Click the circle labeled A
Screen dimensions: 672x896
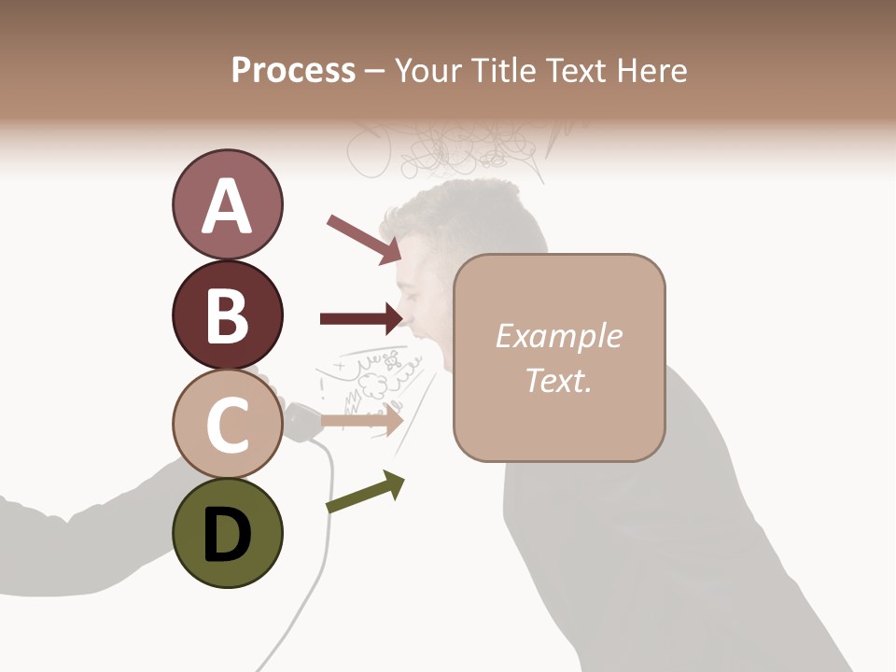point(227,205)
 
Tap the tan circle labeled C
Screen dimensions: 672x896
point(227,425)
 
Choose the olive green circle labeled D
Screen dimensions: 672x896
point(227,534)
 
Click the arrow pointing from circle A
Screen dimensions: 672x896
point(364,239)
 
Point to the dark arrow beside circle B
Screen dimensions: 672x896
point(362,318)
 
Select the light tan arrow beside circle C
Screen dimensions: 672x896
point(362,420)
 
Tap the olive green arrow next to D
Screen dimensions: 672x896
point(365,492)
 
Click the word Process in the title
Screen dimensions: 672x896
point(293,70)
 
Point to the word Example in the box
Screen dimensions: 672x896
point(559,336)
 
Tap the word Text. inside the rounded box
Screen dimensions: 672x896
point(559,380)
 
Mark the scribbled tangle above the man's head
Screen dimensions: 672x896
point(448,149)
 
